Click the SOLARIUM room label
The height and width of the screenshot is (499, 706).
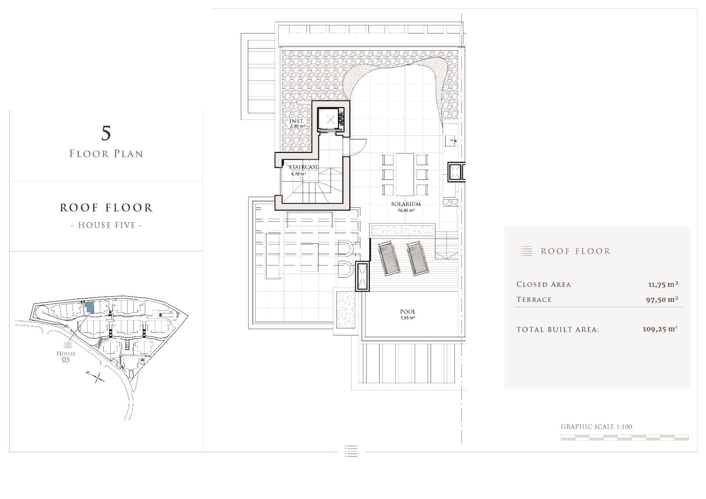click(406, 204)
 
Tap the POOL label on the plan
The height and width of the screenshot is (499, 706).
click(408, 311)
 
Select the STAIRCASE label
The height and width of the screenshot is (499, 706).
click(304, 167)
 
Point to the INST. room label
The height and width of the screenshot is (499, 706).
click(297, 121)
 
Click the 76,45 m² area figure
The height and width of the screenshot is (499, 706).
click(406, 211)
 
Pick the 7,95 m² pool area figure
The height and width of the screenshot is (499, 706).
click(408, 318)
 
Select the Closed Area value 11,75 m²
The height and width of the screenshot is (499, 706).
click(663, 284)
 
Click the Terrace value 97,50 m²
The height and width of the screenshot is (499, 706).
click(662, 299)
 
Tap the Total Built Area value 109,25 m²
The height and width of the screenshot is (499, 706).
click(660, 329)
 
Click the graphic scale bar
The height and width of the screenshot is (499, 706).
click(624, 437)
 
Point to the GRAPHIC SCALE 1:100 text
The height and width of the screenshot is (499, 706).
click(596, 427)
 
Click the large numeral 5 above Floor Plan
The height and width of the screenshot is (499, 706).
click(106, 133)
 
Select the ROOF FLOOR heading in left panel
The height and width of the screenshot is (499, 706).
click(106, 208)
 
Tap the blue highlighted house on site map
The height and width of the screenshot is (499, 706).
click(89, 307)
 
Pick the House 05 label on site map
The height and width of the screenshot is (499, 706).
click(66, 356)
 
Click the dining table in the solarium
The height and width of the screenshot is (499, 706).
click(405, 175)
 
